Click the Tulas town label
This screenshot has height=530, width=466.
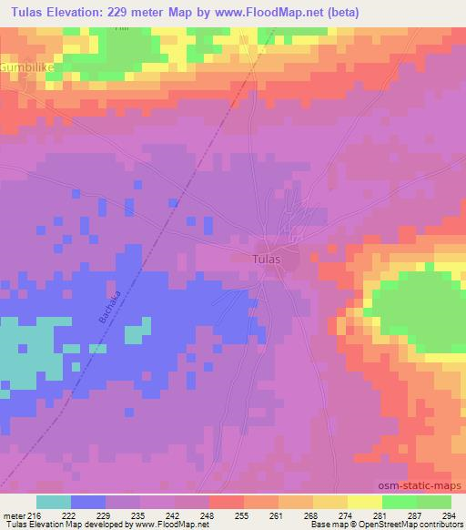coord(265,259)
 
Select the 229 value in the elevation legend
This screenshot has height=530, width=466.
coord(106,515)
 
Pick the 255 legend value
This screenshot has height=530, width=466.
coord(243,515)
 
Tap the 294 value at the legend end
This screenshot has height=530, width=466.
coord(450,515)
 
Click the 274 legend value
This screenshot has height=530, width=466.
coord(347,515)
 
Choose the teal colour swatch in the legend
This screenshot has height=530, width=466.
coord(54,502)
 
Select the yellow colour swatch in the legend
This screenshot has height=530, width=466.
coord(364,502)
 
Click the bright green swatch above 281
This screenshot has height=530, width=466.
coord(399,502)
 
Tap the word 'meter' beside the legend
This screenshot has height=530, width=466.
coord(15,515)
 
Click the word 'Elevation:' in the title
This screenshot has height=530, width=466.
coord(82,13)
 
